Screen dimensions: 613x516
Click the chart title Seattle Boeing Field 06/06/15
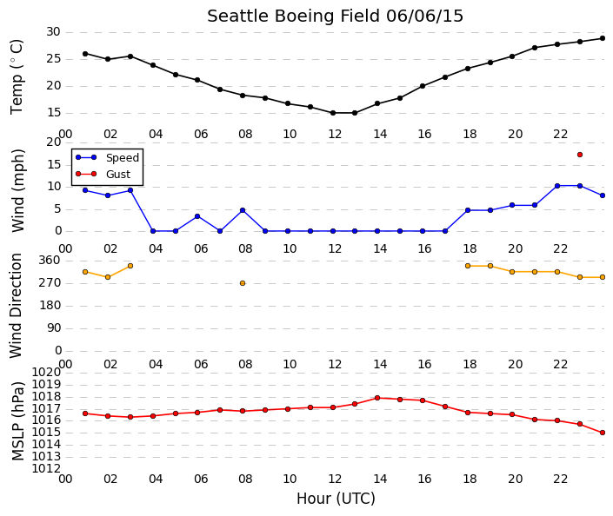coord(335,17)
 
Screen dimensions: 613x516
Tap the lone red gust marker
coord(580,155)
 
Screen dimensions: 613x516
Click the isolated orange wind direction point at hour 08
coord(243,283)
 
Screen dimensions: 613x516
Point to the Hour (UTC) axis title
coord(336,499)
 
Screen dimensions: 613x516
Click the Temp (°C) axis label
coord(17,77)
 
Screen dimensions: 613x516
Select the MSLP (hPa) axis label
coord(18,421)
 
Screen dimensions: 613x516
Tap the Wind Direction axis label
coord(16,306)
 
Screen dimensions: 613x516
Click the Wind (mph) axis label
coord(18,190)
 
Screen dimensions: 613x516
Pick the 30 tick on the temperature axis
coord(53,32)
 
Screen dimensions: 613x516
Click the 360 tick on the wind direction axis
coord(50,261)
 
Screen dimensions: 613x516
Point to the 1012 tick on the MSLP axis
coord(46,469)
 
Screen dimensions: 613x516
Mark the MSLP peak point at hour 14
coord(377,398)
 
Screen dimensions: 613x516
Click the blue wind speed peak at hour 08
coord(243,210)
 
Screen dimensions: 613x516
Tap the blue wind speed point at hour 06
coord(197,216)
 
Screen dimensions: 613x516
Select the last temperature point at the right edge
coord(603,38)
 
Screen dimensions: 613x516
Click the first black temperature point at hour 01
coord(85,54)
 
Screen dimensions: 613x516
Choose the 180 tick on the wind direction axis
coord(50,306)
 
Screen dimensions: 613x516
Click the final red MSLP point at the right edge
coord(603,433)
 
